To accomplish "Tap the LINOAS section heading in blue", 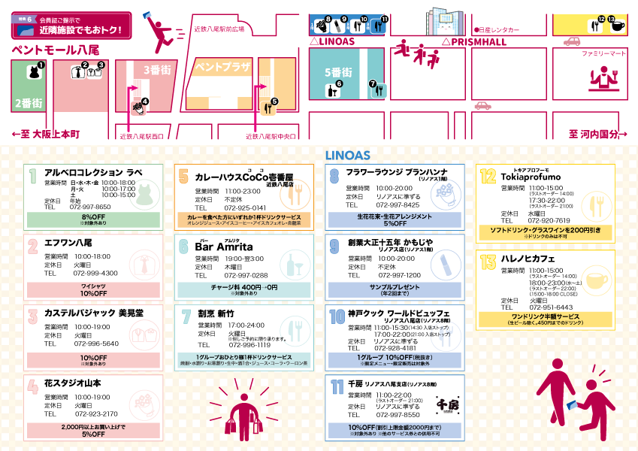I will click(347, 156).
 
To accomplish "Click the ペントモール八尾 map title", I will click(56, 50).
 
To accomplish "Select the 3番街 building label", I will click(156, 70).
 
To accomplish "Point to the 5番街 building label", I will click(338, 72).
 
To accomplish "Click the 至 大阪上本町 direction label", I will click(46, 134).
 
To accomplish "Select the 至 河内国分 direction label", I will click(597, 134).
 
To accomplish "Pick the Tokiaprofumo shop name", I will click(531, 177).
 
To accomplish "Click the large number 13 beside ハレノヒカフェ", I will click(488, 260).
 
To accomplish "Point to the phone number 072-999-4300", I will click(95, 273).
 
